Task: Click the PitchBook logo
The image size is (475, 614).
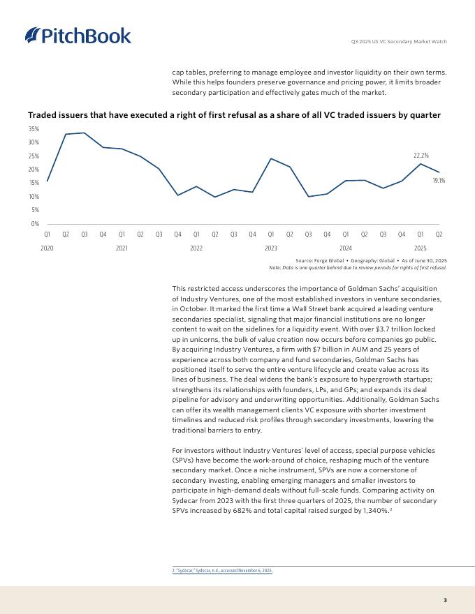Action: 78,35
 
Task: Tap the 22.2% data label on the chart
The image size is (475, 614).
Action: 421,156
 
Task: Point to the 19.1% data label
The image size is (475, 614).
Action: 439,180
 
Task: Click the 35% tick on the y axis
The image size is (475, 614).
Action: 34,129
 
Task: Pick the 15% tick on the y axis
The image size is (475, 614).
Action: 34,183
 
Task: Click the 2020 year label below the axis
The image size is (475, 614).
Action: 47,248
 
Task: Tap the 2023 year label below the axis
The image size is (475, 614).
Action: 271,248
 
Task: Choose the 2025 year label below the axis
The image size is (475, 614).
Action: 421,248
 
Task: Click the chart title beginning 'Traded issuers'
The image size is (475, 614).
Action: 234,115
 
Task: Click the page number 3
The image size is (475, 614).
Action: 445,600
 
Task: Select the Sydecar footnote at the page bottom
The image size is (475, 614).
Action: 222,570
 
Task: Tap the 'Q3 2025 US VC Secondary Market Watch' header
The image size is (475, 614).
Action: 398,42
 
